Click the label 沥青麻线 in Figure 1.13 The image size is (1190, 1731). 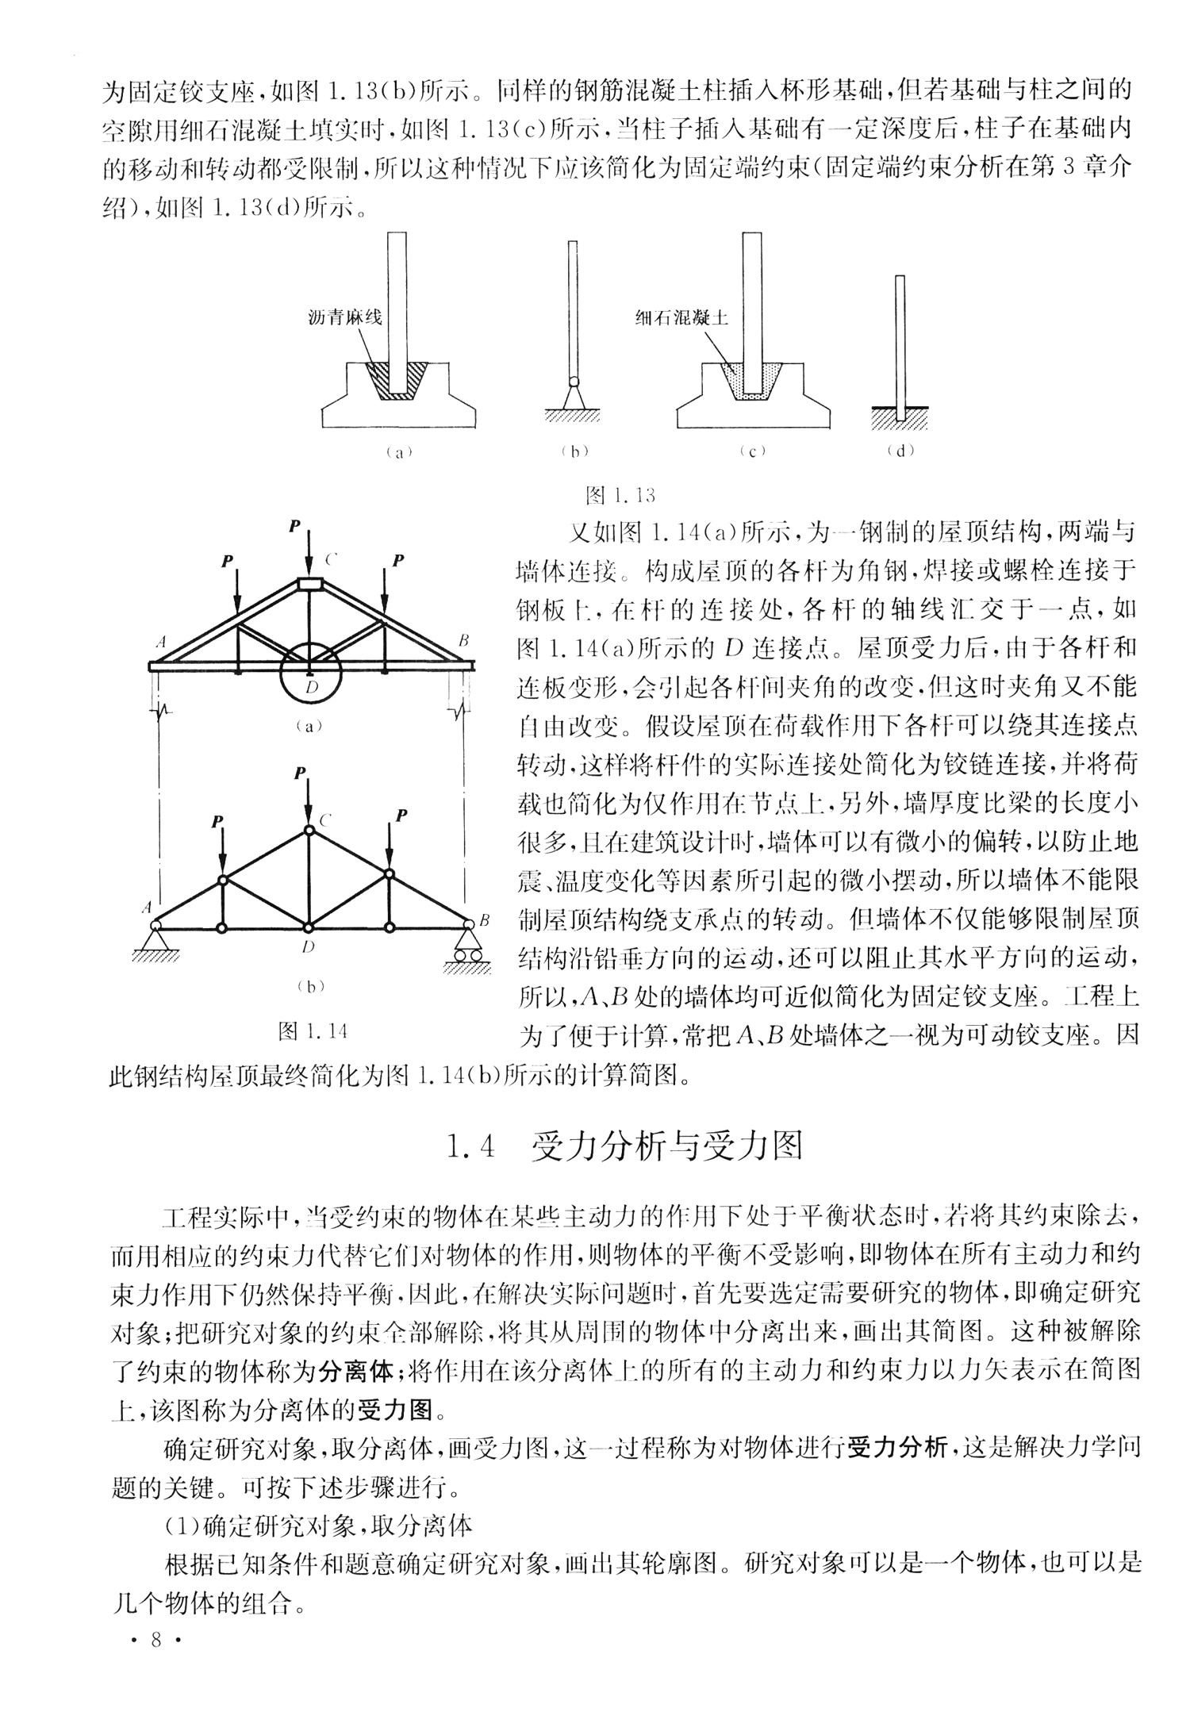click(345, 317)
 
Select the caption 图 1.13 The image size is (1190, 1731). click(620, 496)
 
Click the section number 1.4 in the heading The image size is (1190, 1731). click(473, 1147)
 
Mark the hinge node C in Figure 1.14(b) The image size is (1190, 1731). click(308, 831)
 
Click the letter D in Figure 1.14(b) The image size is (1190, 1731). click(309, 946)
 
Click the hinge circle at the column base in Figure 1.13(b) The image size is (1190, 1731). click(573, 382)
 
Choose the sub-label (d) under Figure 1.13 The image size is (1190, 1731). click(900, 451)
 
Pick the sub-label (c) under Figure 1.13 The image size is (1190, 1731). click(751, 451)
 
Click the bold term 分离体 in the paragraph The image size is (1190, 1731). click(356, 1369)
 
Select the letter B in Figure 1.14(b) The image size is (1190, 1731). click(484, 921)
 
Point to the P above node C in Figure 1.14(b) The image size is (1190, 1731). click(299, 773)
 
